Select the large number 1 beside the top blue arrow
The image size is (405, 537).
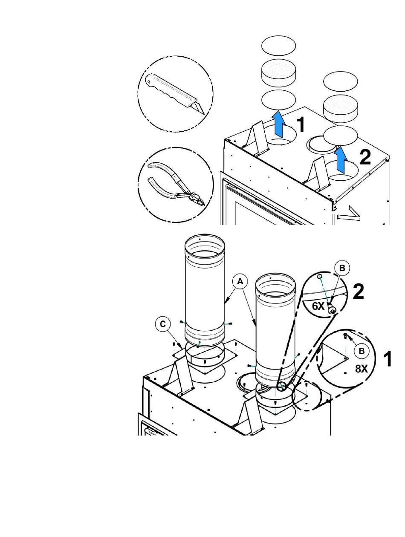click(x=301, y=124)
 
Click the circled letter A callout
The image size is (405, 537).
click(x=240, y=282)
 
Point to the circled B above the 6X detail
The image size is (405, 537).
click(x=342, y=268)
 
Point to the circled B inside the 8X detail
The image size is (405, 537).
click(x=362, y=351)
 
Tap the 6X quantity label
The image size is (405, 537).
click(x=318, y=306)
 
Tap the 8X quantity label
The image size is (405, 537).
click(x=362, y=369)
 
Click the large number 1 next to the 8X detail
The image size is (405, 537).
click(x=388, y=359)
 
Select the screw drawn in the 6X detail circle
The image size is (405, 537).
click(x=331, y=308)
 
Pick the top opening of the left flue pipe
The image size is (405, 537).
click(x=204, y=245)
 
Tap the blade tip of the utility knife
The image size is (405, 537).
click(x=204, y=114)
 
